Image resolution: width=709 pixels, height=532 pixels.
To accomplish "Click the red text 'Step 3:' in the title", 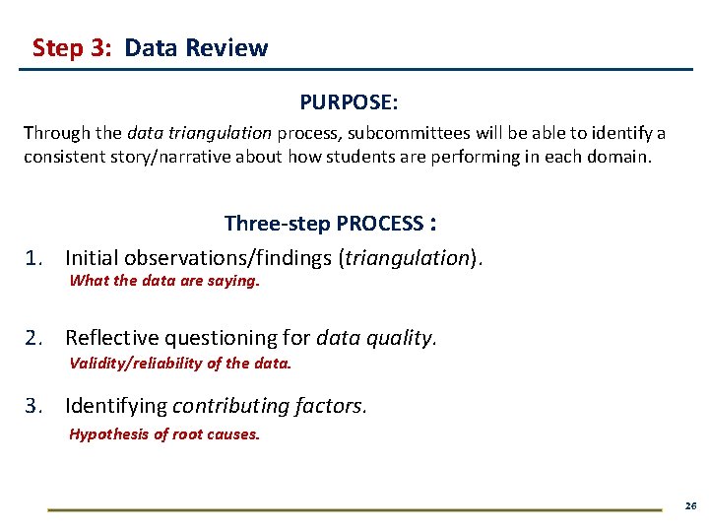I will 71,48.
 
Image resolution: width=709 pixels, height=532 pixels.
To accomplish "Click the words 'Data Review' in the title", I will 196,48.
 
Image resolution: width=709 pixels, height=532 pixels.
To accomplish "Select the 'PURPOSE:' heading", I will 349,102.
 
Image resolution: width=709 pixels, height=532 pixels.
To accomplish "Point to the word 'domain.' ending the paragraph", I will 622,157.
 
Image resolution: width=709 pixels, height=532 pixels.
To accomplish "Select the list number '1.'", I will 36,258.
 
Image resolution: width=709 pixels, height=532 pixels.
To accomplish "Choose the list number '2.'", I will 36,338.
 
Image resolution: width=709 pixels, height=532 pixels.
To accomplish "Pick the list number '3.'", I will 36,406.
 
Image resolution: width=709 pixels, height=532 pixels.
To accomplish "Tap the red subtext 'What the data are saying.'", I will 164,281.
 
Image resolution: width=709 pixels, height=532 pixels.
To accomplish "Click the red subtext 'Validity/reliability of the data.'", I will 180,363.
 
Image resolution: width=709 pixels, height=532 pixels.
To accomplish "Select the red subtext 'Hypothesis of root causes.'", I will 164,434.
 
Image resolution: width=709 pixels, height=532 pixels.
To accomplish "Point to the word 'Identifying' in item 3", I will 115,406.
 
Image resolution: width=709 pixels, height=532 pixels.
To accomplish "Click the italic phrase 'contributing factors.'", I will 270,406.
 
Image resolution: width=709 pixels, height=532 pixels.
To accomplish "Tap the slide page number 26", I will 689,505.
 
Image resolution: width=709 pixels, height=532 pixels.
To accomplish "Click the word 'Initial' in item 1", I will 91,258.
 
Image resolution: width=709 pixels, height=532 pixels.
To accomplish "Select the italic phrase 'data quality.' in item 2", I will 376,338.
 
